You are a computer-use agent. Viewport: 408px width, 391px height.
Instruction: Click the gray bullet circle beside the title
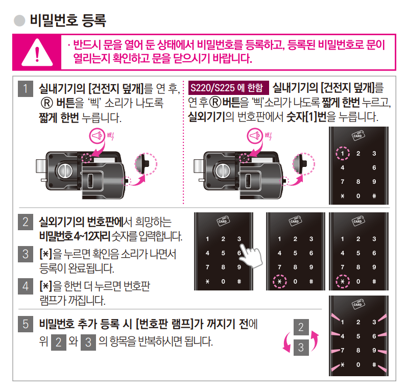click(19, 21)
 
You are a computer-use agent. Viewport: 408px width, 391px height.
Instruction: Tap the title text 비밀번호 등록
click(67, 21)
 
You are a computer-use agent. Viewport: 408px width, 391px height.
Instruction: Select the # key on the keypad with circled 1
click(374, 196)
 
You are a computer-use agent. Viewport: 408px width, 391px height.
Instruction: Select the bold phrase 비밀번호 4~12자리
click(74, 237)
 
